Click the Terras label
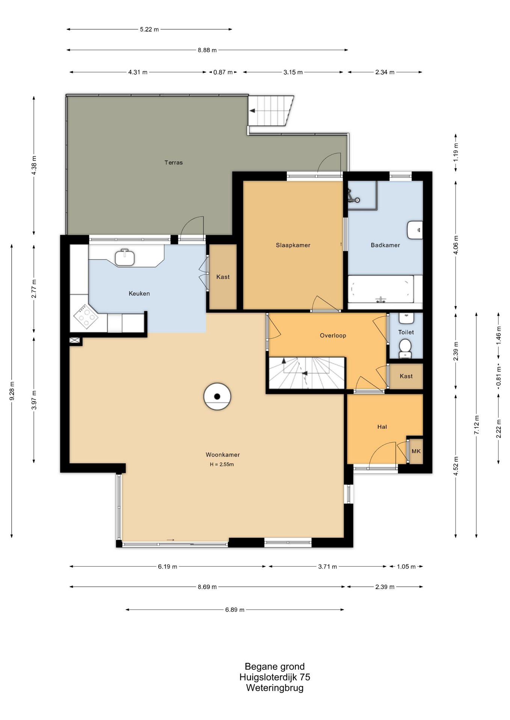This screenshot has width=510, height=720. [174, 162]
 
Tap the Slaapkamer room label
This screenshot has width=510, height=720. [293, 245]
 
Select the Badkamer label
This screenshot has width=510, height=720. [385, 245]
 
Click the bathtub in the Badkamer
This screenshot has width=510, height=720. [381, 289]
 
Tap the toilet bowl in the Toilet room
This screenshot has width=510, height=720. [405, 348]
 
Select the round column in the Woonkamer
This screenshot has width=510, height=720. [217, 396]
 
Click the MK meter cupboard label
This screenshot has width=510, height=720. [416, 451]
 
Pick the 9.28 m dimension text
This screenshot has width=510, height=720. [12, 391]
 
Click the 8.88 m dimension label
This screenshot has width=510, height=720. [207, 50]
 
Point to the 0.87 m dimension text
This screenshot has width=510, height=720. [223, 72]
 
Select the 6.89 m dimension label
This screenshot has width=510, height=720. [235, 610]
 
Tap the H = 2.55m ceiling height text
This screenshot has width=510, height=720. [222, 464]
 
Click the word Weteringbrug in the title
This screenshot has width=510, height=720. [275, 688]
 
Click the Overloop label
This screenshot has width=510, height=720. [333, 336]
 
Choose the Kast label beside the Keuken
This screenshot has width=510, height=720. [223, 277]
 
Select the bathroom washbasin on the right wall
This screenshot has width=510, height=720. [415, 230]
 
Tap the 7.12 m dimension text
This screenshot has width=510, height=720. [477, 425]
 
